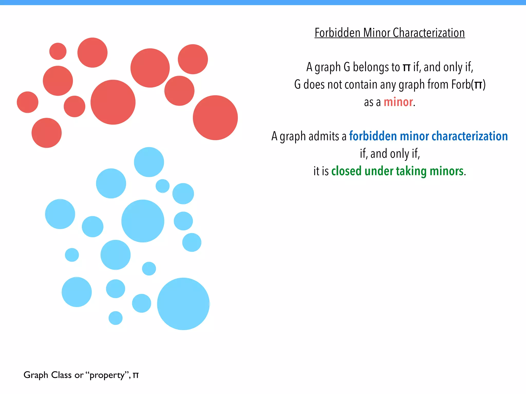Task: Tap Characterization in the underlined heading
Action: [429, 33]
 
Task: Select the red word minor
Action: [398, 102]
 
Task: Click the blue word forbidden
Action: [373, 136]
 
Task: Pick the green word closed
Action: [346, 171]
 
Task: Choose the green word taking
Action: [411, 171]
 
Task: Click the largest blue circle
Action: [183, 304]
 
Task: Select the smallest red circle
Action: [58, 51]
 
